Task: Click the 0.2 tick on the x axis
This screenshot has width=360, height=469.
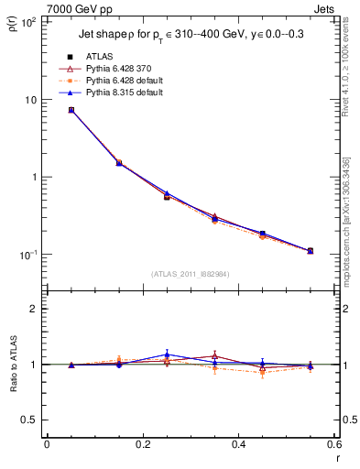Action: (142, 444)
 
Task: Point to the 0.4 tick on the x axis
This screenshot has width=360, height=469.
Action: (238, 444)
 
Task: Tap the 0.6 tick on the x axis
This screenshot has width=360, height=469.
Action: (333, 444)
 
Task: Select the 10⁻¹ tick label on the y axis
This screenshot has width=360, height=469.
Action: (27, 255)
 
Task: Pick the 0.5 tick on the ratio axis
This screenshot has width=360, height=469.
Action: (29, 420)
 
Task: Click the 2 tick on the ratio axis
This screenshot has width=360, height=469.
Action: (34, 309)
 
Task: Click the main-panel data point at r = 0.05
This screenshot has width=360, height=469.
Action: (71, 110)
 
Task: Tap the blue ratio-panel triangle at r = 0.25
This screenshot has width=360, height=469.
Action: (167, 354)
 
